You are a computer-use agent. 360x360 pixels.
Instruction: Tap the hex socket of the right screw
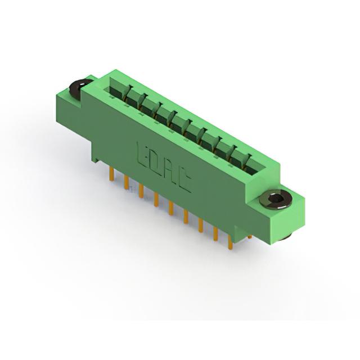275,198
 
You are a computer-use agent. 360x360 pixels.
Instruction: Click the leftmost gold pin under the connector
111,174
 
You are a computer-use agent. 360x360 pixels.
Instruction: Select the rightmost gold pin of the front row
230,242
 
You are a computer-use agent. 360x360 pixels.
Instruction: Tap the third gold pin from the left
141,191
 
